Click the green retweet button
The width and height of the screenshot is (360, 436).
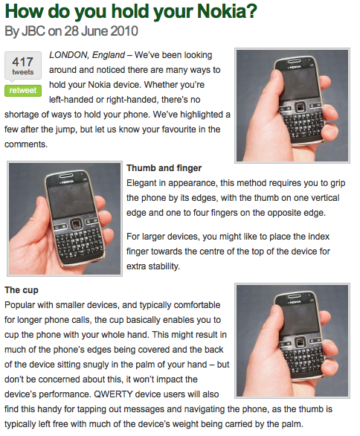23,90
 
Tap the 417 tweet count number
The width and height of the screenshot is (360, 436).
23,62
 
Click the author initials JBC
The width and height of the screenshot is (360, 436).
33,31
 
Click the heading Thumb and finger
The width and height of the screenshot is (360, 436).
164,168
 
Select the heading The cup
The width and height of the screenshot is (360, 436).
22,290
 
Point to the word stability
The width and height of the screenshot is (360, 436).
164,266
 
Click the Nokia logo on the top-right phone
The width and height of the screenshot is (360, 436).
295,67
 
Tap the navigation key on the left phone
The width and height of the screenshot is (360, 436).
75,224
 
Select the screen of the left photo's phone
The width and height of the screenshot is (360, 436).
71,199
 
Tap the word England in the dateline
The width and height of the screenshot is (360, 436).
109,55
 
